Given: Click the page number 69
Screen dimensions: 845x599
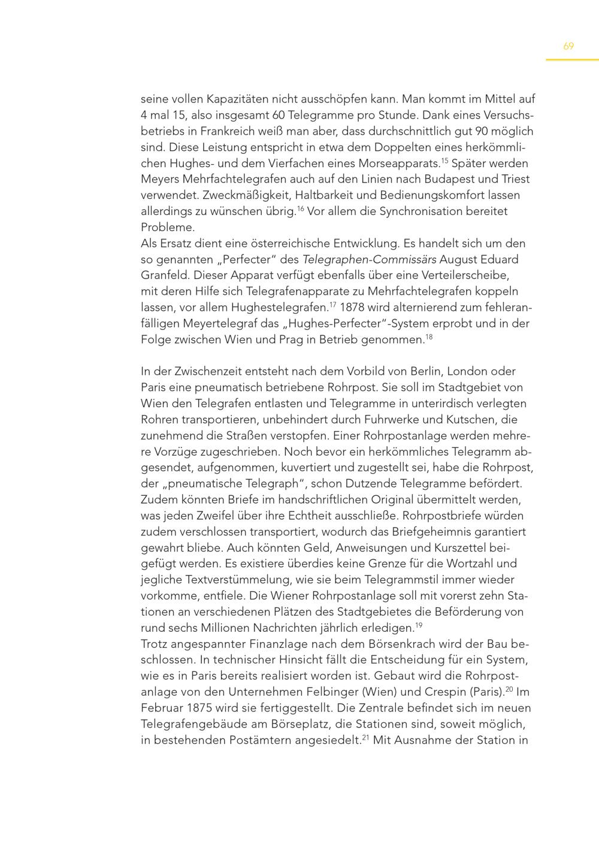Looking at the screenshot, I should pyautogui.click(x=568, y=46).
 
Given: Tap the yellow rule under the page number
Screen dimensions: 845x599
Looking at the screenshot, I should pyautogui.click(x=571, y=60).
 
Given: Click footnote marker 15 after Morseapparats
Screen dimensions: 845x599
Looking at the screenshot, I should pyautogui.click(x=444, y=160).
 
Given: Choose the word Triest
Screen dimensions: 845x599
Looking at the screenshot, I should pyautogui.click(x=515, y=179).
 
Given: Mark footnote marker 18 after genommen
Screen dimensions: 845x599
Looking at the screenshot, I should pyautogui.click(x=429, y=337).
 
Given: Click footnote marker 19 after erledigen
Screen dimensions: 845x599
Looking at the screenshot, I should pyautogui.click(x=419, y=625).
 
